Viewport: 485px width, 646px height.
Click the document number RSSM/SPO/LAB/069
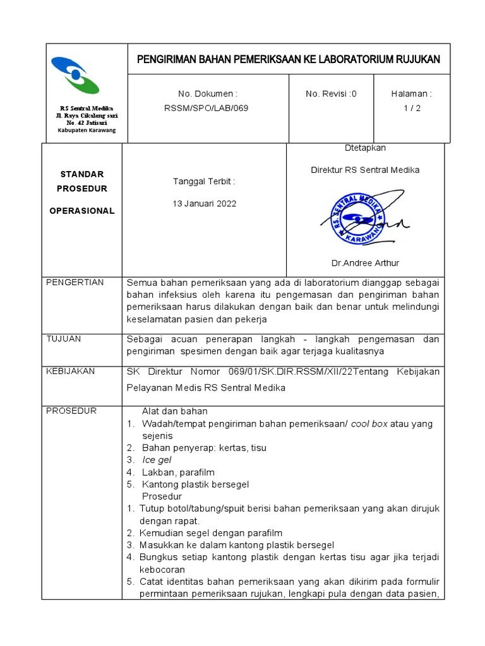coord(206,108)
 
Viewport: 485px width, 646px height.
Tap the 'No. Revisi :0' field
coord(331,93)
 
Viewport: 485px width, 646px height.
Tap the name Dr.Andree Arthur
coord(365,262)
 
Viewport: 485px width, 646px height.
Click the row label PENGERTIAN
coord(75,282)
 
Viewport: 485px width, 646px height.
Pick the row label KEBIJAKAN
coord(71,371)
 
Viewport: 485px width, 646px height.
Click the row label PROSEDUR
coord(71,411)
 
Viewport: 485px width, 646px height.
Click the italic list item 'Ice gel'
coord(157,460)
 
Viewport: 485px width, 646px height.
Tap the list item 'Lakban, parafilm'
coord(178,472)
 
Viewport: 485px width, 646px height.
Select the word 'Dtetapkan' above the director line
coord(365,148)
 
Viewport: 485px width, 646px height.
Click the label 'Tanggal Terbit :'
coord(204,182)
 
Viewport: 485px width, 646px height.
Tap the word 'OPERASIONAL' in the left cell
coord(82,211)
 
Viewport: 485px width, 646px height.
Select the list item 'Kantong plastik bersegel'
coord(195,484)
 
